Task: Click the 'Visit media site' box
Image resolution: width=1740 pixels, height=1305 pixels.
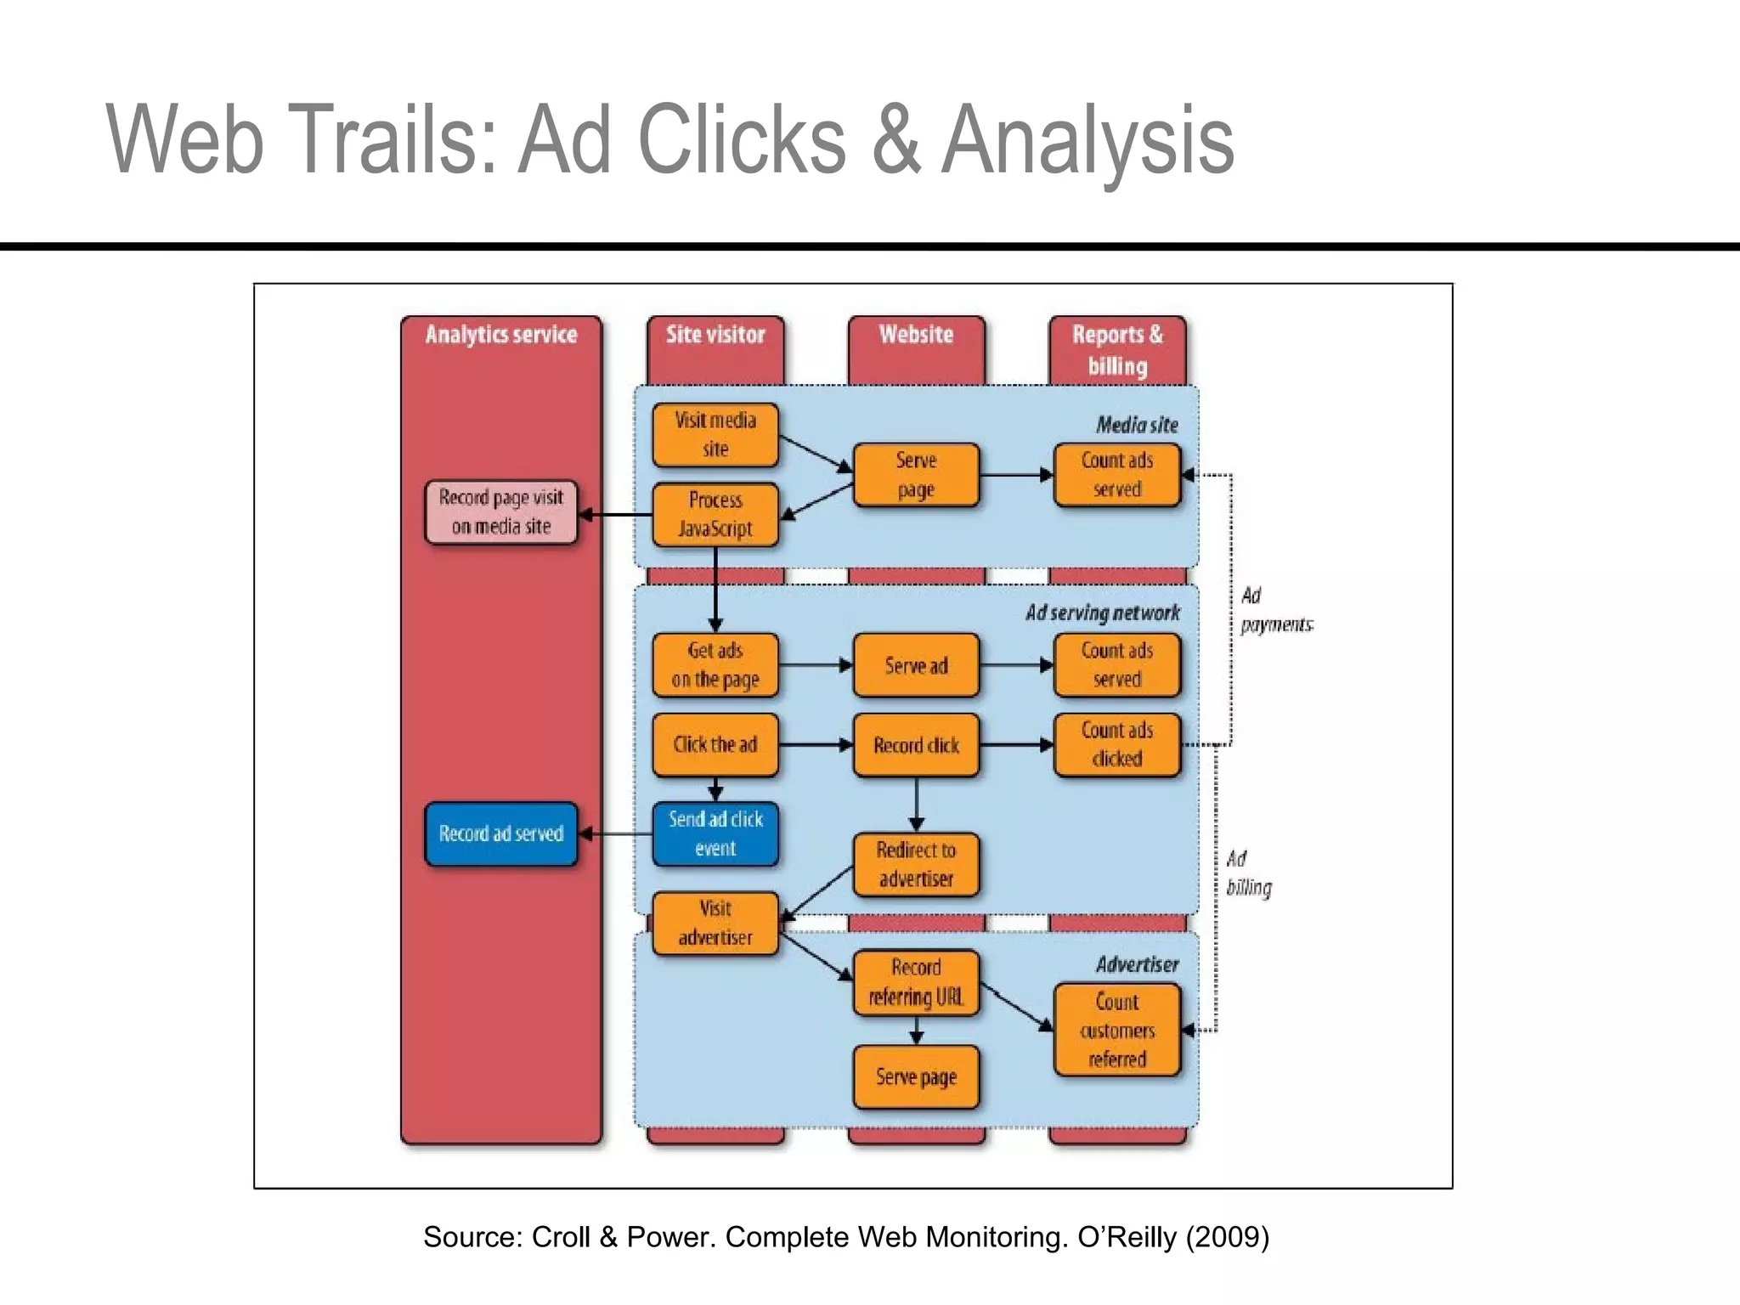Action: coord(715,435)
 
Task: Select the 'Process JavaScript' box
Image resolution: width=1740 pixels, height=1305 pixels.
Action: coord(715,515)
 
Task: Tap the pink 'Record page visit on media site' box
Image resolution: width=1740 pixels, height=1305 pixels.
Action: coord(501,512)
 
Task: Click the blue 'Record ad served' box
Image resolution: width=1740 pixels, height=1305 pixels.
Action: coord(501,833)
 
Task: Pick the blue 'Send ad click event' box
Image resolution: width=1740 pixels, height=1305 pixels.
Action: coord(715,833)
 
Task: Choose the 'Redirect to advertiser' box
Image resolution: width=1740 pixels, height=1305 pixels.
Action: coord(916,865)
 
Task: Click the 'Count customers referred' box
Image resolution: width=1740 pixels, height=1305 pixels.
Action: coord(1116,1030)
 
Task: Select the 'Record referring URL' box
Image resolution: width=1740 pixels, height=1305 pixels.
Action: coord(916,982)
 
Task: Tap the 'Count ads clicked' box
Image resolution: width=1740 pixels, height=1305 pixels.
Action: coord(1116,745)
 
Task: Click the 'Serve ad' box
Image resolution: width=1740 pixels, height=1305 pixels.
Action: coord(916,665)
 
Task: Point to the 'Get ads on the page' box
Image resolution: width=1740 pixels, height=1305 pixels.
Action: coord(715,665)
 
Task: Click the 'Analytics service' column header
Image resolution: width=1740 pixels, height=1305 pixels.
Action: coord(501,335)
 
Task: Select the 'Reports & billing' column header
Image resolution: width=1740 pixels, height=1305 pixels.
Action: coord(1116,350)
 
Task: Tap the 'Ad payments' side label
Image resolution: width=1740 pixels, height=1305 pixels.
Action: coord(1274,610)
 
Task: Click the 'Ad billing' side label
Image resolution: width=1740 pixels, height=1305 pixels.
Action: coord(1249,873)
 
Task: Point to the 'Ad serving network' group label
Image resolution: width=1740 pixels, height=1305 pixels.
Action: coord(1103,613)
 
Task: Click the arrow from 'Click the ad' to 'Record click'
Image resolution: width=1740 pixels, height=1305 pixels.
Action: coord(816,745)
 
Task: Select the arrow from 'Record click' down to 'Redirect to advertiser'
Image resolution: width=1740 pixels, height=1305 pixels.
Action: coord(916,804)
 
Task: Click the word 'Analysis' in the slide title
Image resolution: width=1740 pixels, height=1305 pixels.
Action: coord(1087,140)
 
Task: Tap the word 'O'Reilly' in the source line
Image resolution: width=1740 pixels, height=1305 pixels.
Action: coord(1127,1237)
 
